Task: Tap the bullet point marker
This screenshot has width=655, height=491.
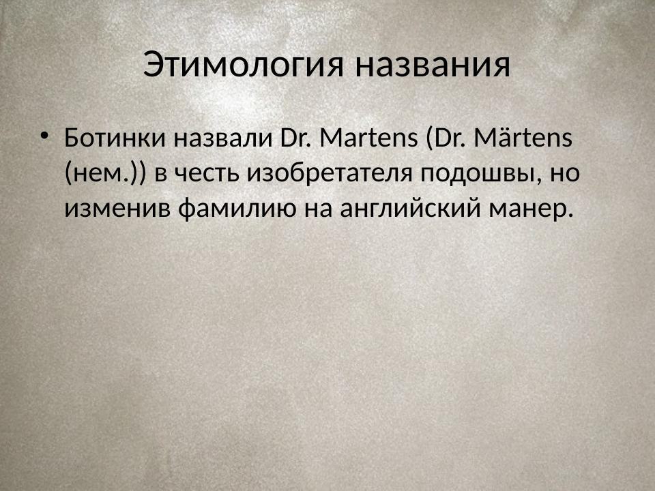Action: (x=45, y=134)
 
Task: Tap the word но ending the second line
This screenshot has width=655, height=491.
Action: (x=566, y=173)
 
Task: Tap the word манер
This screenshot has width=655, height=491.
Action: (x=528, y=208)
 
